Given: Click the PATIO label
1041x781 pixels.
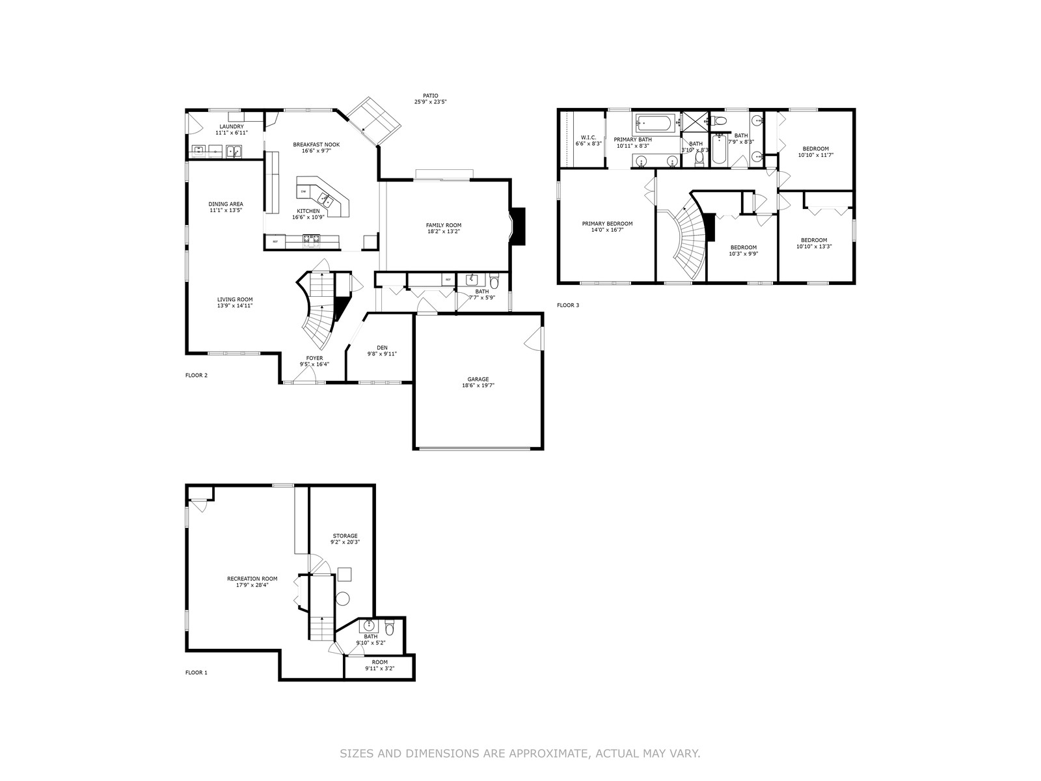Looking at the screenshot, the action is pyautogui.click(x=431, y=95).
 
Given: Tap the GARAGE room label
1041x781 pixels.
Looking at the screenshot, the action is pyautogui.click(x=478, y=379).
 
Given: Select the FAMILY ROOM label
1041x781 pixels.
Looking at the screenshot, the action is pyautogui.click(x=444, y=225).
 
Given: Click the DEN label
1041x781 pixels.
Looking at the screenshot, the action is pyautogui.click(x=382, y=348).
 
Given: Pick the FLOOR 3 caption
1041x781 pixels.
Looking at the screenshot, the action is pyautogui.click(x=568, y=305).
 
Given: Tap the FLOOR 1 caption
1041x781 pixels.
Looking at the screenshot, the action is pyautogui.click(x=196, y=672).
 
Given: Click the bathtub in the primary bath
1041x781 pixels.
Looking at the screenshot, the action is pyautogui.click(x=653, y=125).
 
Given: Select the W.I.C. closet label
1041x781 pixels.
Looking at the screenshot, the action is pyautogui.click(x=588, y=137).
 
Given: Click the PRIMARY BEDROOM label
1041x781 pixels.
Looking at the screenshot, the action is pyautogui.click(x=607, y=223).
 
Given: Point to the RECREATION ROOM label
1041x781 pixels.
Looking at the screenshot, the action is pyautogui.click(x=252, y=579).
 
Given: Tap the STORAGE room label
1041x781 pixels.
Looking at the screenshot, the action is pyautogui.click(x=345, y=536).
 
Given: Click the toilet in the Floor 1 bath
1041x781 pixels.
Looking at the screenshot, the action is pyautogui.click(x=389, y=627).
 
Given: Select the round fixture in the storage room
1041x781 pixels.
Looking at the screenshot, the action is pyautogui.click(x=342, y=599).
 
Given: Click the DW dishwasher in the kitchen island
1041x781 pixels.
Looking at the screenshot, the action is pyautogui.click(x=303, y=191).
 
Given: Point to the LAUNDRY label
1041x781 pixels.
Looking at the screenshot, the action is pyautogui.click(x=232, y=127).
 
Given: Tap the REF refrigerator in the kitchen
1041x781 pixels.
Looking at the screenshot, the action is pyautogui.click(x=275, y=242).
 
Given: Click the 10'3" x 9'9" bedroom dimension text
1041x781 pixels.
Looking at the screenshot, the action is pyautogui.click(x=743, y=253).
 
